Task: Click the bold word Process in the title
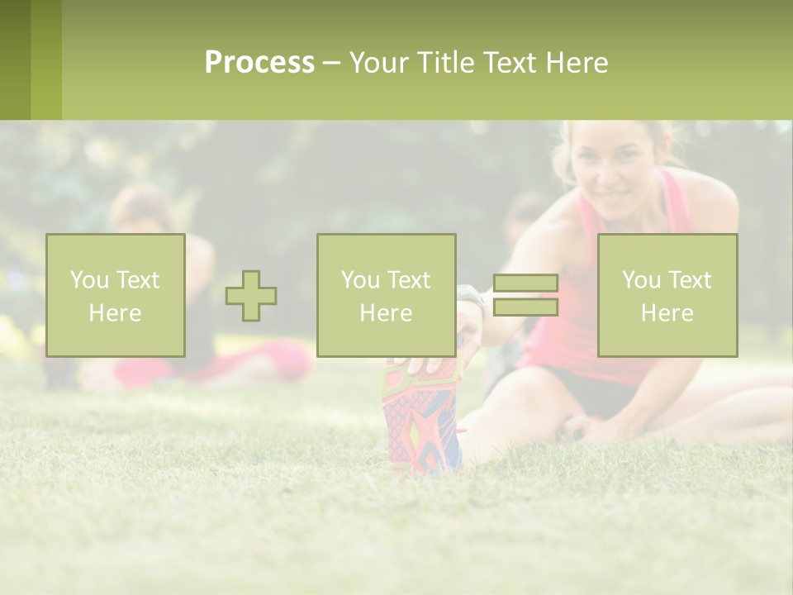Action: (259, 63)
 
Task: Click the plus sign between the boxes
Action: (251, 296)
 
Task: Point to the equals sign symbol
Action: (525, 295)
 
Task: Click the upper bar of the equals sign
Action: (525, 283)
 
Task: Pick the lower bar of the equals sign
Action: (525, 307)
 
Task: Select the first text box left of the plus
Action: (115, 296)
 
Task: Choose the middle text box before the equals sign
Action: (386, 296)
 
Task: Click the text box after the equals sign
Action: (667, 296)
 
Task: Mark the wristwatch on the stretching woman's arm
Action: (472, 297)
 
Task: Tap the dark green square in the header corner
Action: (15, 59)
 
